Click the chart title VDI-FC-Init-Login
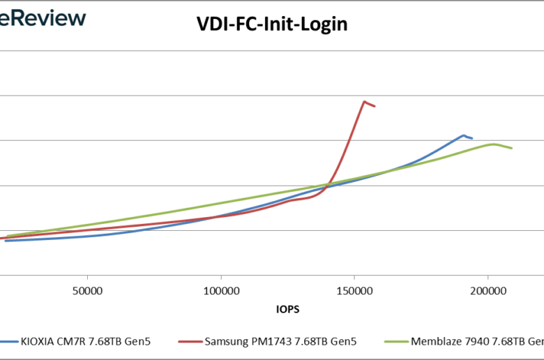coord(271,24)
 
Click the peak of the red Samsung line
coord(364,101)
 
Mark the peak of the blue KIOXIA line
coord(463,135)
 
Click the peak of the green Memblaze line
coord(493,144)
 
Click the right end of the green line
coord(512,148)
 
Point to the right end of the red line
coord(375,106)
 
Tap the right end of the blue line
coord(472,138)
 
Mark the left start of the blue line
coord(6,241)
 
